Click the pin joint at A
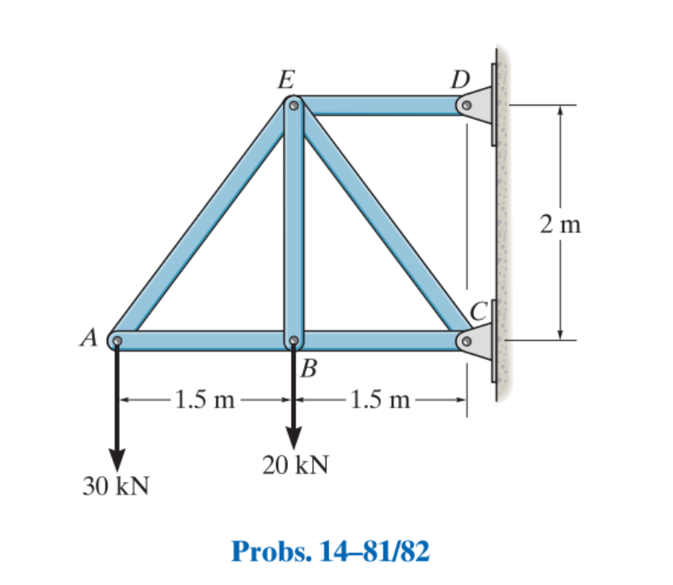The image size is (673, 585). (117, 341)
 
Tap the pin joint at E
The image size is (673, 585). (293, 105)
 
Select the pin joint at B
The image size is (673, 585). (293, 341)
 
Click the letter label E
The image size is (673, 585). (286, 80)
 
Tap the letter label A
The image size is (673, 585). (89, 338)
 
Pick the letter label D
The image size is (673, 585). (460, 80)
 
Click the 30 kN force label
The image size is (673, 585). (116, 486)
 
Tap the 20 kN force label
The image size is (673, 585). (295, 464)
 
